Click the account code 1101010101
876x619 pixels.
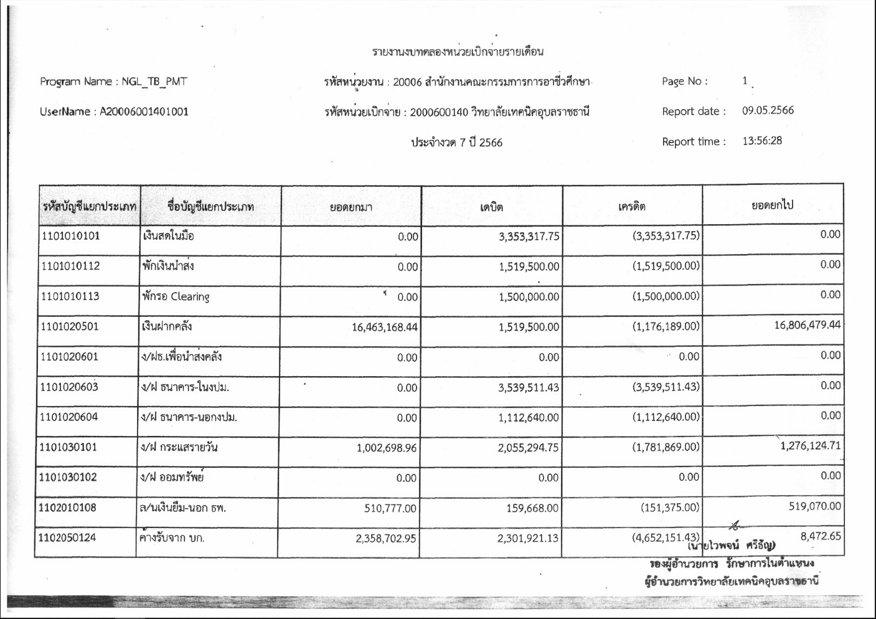pyautogui.click(x=70, y=236)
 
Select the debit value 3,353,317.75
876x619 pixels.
pyautogui.click(x=529, y=237)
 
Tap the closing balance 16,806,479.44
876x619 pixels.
pyautogui.click(x=807, y=325)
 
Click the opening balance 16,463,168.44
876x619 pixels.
pyautogui.click(x=384, y=327)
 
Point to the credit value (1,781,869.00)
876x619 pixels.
pyautogui.click(x=666, y=447)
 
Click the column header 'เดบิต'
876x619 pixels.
pyautogui.click(x=491, y=207)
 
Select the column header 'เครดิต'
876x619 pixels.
pyautogui.click(x=631, y=206)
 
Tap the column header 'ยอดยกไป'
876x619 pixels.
pyautogui.click(x=772, y=206)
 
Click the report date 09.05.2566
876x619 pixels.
pyautogui.click(x=768, y=111)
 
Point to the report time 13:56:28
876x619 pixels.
pyautogui.click(x=762, y=141)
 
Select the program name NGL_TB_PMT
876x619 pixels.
pyautogui.click(x=154, y=82)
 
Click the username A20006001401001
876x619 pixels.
pyautogui.click(x=144, y=112)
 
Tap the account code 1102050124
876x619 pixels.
pyautogui.click(x=67, y=537)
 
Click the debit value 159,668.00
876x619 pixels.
pyautogui.click(x=532, y=508)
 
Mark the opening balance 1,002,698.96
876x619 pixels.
pyautogui.click(x=386, y=448)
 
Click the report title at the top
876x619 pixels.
pyautogui.click(x=458, y=52)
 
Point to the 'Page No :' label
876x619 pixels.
pyautogui.click(x=684, y=82)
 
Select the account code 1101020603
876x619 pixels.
pyautogui.click(x=69, y=387)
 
